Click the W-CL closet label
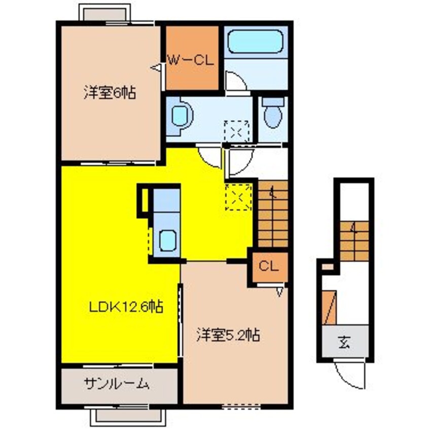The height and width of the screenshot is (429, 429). pos(191,60)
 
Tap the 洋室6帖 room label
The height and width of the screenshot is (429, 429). pos(110,92)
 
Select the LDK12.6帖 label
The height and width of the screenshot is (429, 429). pos(126,307)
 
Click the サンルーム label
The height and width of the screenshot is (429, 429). pos(117,384)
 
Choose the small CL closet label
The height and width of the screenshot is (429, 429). pos(269,266)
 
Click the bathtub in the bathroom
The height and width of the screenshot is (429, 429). pos(256,41)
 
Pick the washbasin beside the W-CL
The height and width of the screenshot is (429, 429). pos(181,116)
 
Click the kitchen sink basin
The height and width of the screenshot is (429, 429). pos(167,240)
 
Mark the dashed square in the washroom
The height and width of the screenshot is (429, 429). pos(237,132)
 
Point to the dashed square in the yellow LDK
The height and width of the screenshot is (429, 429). pos(238,197)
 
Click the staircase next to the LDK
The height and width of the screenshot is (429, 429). pos(273,213)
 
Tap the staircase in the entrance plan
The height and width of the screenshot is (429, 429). pos(354,241)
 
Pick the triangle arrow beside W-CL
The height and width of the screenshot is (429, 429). pos(156,67)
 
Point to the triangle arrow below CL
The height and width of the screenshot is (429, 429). pos(279,292)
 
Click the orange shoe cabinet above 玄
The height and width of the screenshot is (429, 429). pos(329,308)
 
